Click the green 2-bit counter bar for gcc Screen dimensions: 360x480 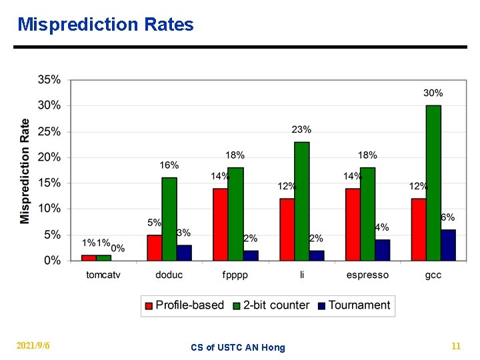click(x=433, y=183)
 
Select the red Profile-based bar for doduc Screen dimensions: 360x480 click(x=155, y=247)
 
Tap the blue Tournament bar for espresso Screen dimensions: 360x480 click(x=382, y=250)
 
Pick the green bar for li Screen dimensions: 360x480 click(x=301, y=201)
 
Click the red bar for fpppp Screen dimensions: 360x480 click(x=220, y=224)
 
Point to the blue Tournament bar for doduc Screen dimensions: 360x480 click(x=184, y=253)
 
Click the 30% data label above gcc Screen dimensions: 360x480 click(x=433, y=93)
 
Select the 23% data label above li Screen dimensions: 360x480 click(x=301, y=129)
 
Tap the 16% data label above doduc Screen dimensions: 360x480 click(x=169, y=165)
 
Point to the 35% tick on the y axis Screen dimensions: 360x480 click(x=49, y=80)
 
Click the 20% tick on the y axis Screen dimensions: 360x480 click(x=49, y=157)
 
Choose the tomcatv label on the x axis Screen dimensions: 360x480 click(x=103, y=275)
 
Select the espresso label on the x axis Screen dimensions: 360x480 click(x=367, y=275)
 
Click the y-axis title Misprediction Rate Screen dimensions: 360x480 click(x=25, y=171)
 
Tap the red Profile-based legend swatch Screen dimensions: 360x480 click(x=149, y=305)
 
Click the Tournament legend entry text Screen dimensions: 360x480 click(x=359, y=305)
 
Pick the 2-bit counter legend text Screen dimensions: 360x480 click(x=276, y=305)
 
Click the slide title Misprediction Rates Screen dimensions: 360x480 click(x=105, y=25)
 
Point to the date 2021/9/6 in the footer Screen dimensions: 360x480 click(x=33, y=346)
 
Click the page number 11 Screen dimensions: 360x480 click(x=456, y=346)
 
